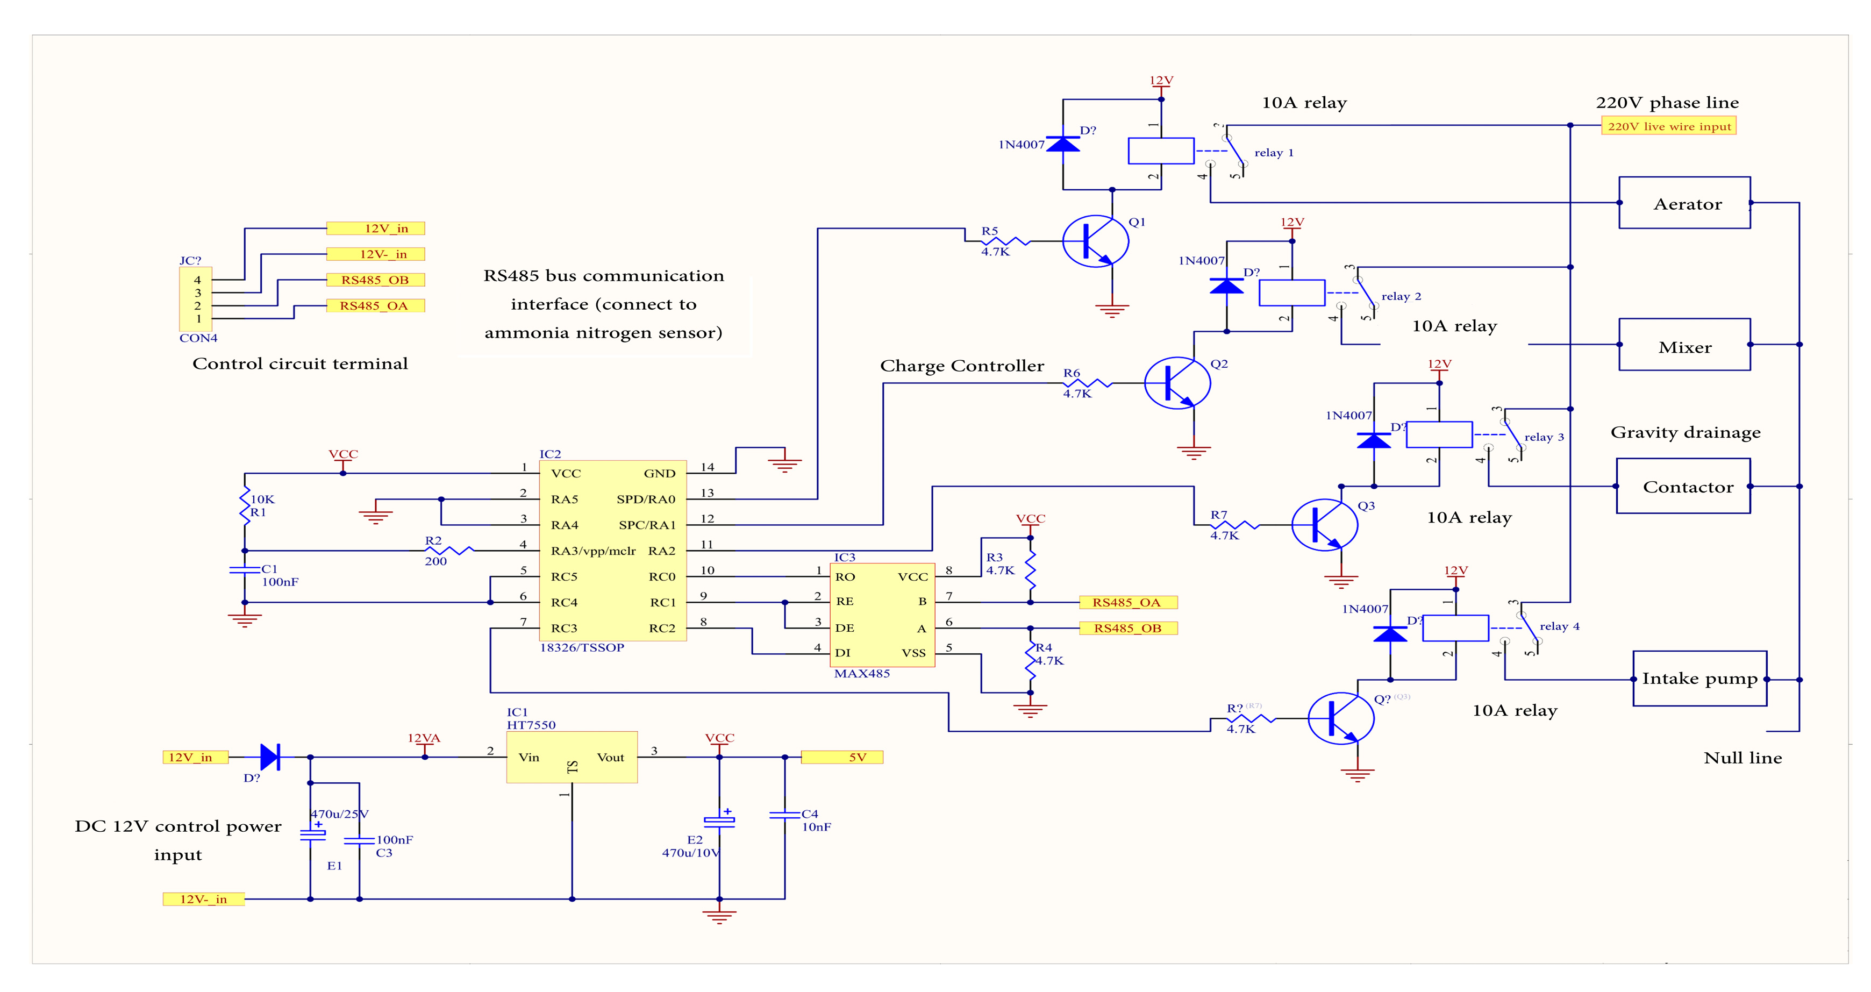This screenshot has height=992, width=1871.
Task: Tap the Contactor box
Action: pos(1683,486)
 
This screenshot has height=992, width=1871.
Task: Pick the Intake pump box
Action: pos(1699,679)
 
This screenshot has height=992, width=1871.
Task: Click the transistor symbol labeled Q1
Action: pos(1095,241)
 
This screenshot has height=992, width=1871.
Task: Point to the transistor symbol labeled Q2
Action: pos(1177,383)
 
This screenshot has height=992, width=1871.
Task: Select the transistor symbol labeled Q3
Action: pos(1324,524)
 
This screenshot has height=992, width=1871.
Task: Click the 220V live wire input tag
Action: pos(1668,126)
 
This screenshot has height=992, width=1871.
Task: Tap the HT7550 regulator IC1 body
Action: pos(572,757)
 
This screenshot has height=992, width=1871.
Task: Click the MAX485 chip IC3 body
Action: pos(882,615)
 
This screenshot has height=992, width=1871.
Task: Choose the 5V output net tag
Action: pos(842,757)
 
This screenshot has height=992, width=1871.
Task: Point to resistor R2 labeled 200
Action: pos(449,551)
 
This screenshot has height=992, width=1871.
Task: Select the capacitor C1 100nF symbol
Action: pos(245,570)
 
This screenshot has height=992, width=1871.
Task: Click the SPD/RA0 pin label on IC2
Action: pos(646,499)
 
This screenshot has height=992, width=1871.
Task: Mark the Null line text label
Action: pos(1742,758)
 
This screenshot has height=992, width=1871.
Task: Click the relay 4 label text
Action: pos(1559,626)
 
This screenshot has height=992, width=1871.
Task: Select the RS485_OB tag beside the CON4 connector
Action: pos(375,280)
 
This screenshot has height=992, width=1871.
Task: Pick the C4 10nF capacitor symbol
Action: pos(784,815)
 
